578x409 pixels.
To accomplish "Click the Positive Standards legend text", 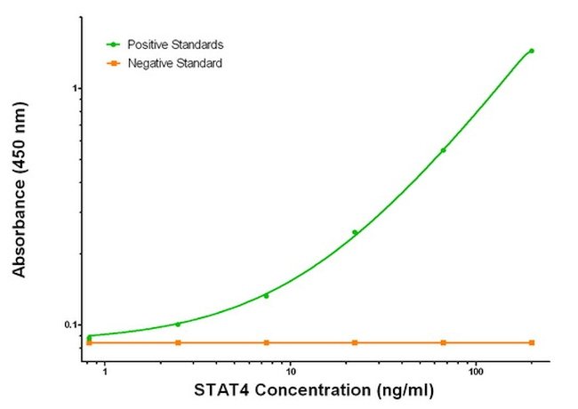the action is point(175,44).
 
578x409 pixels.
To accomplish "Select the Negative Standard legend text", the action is point(175,63).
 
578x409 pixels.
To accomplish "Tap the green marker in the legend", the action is point(114,44).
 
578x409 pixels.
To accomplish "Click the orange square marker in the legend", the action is point(114,64).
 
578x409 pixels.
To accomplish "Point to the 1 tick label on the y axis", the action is point(76,88).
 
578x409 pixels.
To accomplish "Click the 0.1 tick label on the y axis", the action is point(71,325).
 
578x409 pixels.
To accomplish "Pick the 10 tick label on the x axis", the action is point(291,372).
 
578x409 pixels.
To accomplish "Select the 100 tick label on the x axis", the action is point(476,372).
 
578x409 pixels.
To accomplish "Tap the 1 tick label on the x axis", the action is point(105,372).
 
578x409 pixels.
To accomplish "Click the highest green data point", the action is point(532,51).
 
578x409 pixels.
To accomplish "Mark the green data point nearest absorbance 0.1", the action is point(178,325).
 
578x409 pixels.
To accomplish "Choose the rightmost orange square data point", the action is point(532,342).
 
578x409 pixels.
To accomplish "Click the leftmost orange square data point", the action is point(89,343).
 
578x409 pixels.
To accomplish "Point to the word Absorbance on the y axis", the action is point(20,229).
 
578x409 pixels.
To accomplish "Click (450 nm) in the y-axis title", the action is point(20,138).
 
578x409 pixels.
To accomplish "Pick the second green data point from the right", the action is point(443,150).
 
